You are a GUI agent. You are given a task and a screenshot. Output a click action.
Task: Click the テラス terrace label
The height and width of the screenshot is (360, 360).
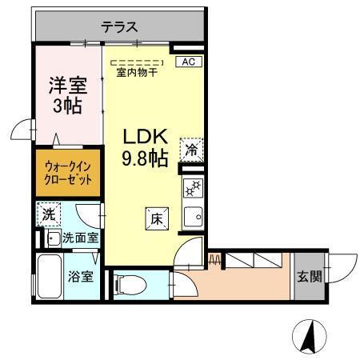tap(118, 26)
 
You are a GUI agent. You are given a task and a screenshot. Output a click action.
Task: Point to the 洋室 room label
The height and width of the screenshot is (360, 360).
tap(68, 82)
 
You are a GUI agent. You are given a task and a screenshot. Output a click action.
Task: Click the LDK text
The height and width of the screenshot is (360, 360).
tap(145, 136)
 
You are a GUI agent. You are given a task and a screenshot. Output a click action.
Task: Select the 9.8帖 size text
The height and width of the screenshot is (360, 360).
tap(145, 158)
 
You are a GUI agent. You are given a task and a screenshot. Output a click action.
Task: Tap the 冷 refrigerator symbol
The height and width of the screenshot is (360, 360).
tap(191, 150)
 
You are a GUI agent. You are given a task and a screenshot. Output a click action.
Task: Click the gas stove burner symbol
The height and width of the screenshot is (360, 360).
tap(192, 190)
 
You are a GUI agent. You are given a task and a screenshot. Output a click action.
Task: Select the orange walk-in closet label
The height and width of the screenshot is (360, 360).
tap(68, 174)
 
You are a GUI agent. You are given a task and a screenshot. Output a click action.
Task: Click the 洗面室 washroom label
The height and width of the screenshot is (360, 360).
tap(80, 238)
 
